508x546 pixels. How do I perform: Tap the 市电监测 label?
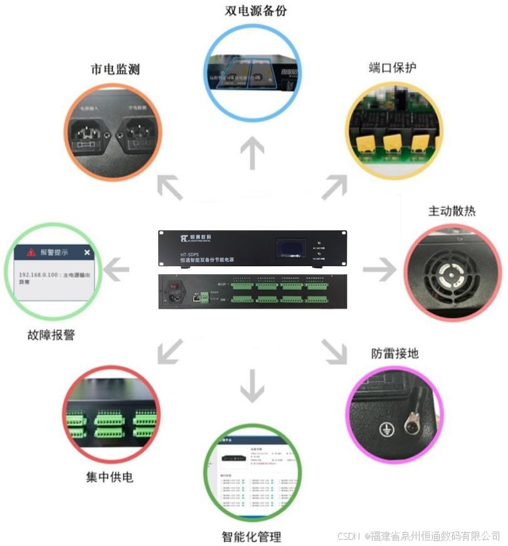pos(115,69)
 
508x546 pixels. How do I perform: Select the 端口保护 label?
pos(393,68)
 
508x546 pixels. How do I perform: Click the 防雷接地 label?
pos(394,353)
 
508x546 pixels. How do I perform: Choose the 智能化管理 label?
pos(251,537)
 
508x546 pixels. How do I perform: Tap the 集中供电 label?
pos(110,477)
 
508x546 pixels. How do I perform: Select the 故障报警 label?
pos(51,335)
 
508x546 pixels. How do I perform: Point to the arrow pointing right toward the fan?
pos(379,270)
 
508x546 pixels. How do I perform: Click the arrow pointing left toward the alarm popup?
pos(117,270)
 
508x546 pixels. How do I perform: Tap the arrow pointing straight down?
pos(252,385)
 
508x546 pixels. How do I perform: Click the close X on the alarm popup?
pos(87,252)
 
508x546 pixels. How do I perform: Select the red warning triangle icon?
pos(31,252)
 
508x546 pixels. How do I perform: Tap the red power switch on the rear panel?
pos(175,287)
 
